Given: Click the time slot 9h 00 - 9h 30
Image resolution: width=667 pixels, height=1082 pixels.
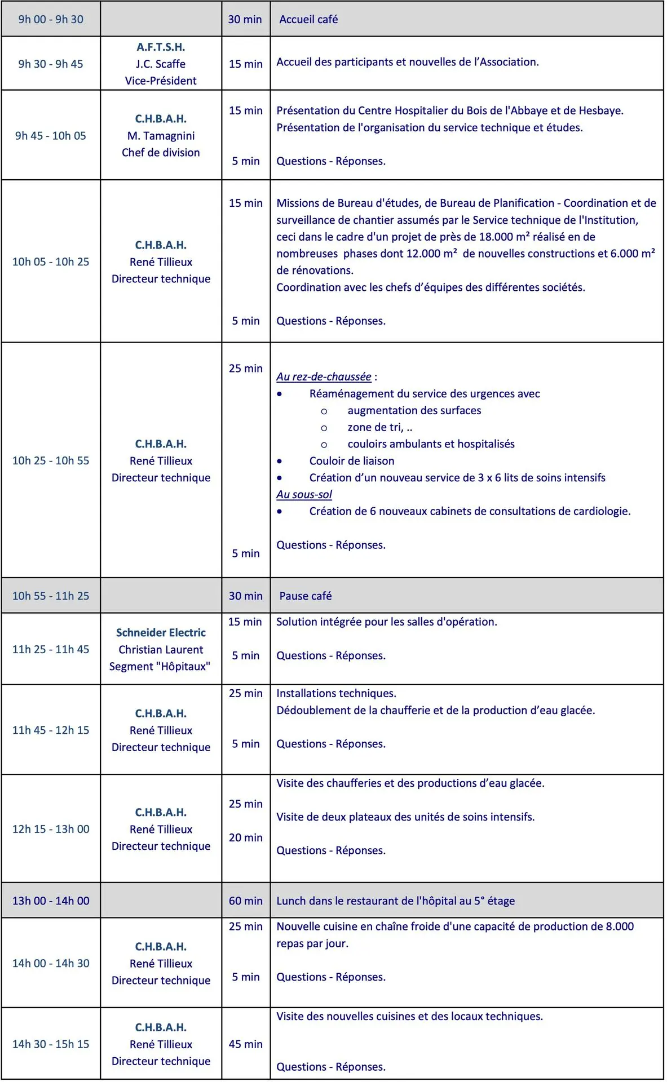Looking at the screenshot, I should pyautogui.click(x=51, y=19).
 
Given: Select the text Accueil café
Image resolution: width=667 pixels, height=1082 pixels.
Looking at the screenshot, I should pyautogui.click(x=308, y=19).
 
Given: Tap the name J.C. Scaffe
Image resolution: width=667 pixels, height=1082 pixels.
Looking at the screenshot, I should pyautogui.click(x=161, y=64).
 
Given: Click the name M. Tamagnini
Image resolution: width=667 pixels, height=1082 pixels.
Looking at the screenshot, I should pyautogui.click(x=161, y=136).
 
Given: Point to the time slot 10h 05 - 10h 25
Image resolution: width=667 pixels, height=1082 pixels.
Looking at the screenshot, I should pyautogui.click(x=51, y=261).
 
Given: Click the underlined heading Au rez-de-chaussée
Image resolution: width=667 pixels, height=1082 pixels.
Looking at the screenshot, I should pyautogui.click(x=324, y=376).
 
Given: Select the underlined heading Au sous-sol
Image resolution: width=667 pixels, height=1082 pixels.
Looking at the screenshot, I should pyautogui.click(x=304, y=494).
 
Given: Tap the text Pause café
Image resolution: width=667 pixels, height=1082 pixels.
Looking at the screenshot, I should pyautogui.click(x=306, y=596).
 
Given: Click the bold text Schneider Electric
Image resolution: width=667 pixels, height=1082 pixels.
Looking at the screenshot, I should pyautogui.click(x=161, y=633).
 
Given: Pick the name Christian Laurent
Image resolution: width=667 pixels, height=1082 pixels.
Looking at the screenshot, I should pyautogui.click(x=161, y=650).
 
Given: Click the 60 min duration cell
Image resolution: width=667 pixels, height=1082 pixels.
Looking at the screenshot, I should pyautogui.click(x=245, y=901).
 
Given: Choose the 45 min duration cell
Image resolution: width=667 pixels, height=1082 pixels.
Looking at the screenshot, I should pyautogui.click(x=245, y=1044).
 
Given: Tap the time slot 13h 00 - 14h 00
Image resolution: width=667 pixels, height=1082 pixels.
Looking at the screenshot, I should pyautogui.click(x=51, y=901).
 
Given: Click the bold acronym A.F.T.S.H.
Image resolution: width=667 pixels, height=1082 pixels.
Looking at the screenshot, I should pyautogui.click(x=161, y=47).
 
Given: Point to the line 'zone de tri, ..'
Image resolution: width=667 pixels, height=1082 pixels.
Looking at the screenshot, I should pyautogui.click(x=379, y=427).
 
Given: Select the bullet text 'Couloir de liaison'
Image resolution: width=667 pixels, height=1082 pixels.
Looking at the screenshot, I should pyautogui.click(x=352, y=461).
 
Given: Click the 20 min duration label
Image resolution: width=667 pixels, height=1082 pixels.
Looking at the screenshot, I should pyautogui.click(x=245, y=837).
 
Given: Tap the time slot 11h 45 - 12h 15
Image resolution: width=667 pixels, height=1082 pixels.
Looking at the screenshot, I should pyautogui.click(x=51, y=730).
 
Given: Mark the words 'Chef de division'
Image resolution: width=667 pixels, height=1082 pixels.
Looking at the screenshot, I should pyautogui.click(x=161, y=153).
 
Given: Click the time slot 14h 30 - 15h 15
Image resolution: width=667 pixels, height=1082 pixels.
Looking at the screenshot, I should pyautogui.click(x=51, y=1044).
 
